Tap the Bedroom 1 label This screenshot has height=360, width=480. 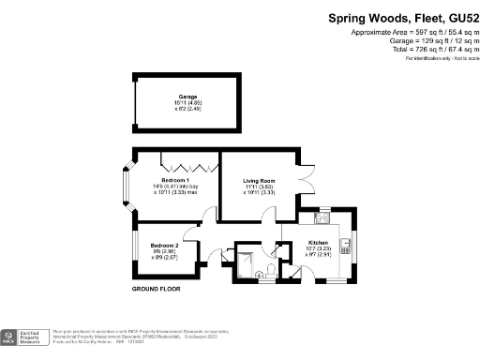click(x=175, y=180)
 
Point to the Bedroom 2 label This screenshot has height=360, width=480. click(x=164, y=245)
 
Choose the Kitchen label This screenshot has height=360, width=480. click(x=319, y=243)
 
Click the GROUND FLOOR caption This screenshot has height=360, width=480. click(x=156, y=289)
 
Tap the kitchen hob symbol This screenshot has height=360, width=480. click(x=323, y=220)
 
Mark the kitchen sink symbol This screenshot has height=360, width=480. click(x=346, y=247)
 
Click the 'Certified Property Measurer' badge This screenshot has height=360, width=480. click(x=24, y=337)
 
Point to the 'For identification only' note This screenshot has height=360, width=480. click(x=437, y=58)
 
